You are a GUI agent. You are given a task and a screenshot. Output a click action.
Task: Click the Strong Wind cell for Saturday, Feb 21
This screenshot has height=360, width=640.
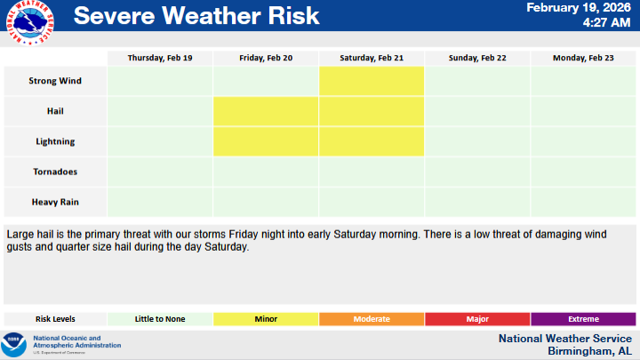pyautogui.click(x=372, y=81)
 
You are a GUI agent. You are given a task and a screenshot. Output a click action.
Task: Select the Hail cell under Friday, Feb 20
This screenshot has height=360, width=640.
pyautogui.click(x=266, y=111)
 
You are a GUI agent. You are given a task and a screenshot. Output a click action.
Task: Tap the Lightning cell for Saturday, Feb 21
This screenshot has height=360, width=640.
pyautogui.click(x=372, y=141)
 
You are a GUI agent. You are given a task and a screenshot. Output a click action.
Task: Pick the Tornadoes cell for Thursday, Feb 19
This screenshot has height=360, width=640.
pyautogui.click(x=160, y=172)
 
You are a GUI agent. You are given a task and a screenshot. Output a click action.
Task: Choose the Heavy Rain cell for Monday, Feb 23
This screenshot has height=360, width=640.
pyautogui.click(x=583, y=202)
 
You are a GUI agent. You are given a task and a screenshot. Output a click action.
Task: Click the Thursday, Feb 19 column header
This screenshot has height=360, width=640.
pyautogui.click(x=160, y=58)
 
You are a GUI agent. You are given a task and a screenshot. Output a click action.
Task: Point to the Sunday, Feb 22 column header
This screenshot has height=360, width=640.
pyautogui.click(x=477, y=58)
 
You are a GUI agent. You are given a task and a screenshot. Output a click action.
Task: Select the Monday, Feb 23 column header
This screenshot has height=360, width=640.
pyautogui.click(x=583, y=58)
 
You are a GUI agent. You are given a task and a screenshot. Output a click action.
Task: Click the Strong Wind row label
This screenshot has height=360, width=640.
pyautogui.click(x=55, y=81)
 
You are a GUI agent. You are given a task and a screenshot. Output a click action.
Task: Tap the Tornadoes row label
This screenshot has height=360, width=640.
pyautogui.click(x=55, y=172)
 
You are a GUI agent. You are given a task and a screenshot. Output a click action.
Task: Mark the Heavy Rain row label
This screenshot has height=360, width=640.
pyautogui.click(x=55, y=202)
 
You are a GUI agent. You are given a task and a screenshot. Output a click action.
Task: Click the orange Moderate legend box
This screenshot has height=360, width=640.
pyautogui.click(x=372, y=319)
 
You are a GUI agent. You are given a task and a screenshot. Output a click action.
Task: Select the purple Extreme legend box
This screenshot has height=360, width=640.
pyautogui.click(x=583, y=319)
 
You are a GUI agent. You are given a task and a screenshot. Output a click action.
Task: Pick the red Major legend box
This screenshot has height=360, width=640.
pyautogui.click(x=477, y=319)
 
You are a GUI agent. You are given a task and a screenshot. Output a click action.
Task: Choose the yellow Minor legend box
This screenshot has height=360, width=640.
pyautogui.click(x=266, y=319)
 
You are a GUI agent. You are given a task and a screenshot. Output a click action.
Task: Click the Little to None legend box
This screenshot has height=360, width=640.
pyautogui.click(x=160, y=319)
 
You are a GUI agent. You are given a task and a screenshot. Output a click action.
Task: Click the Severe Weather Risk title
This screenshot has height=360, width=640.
pyautogui.click(x=196, y=16)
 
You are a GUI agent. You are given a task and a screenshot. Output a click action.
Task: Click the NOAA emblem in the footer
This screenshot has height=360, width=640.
pyautogui.click(x=14, y=343)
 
